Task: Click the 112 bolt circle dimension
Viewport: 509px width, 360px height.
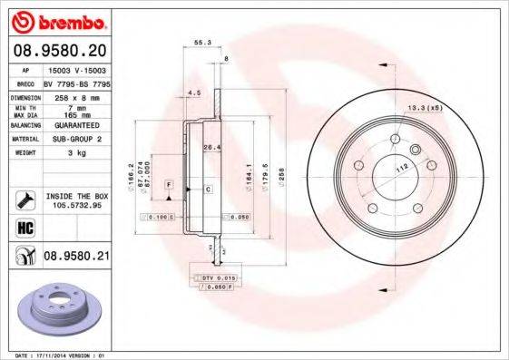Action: click(399, 168)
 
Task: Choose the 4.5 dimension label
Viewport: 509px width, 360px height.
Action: click(192, 93)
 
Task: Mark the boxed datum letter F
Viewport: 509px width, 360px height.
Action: click(168, 184)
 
